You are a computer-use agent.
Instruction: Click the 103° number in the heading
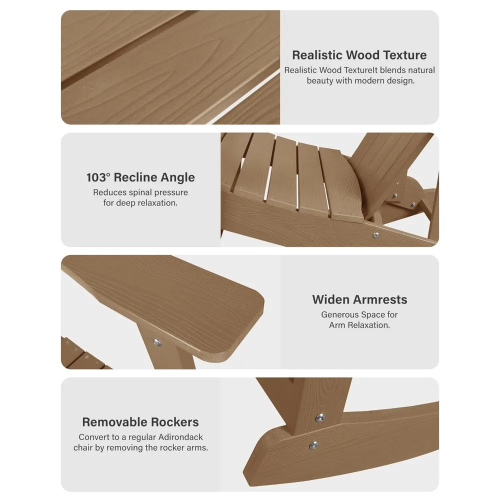pos(98,177)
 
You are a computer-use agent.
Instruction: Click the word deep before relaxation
pos(124,203)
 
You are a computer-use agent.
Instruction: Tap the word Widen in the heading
pos(331,299)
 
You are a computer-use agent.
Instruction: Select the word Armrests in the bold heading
pos(380,299)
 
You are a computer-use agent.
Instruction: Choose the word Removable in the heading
pos(115,422)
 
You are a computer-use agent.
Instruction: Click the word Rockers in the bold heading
pos(174,422)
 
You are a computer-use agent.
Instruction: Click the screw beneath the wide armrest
pos(157,343)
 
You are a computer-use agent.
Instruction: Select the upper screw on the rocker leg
pos(320,417)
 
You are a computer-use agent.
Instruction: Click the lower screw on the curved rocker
pos(314,444)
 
